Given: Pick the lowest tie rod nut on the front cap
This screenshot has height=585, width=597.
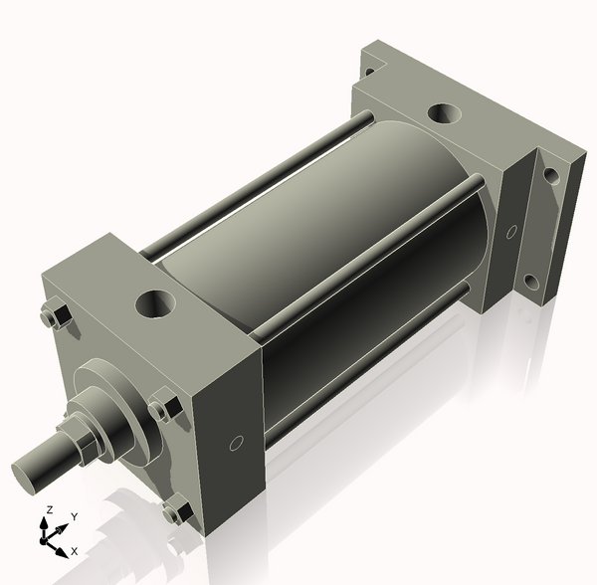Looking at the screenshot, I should pos(177,511).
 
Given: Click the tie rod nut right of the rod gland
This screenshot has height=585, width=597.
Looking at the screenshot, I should pos(163,409).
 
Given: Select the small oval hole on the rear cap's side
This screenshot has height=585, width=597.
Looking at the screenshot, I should pos(511,232).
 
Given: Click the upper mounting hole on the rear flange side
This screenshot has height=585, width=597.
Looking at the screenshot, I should pos(551,176).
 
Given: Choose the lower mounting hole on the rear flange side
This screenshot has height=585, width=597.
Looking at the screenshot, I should pos(532,283).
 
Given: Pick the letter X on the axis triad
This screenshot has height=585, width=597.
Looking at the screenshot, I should pos(75,550).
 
